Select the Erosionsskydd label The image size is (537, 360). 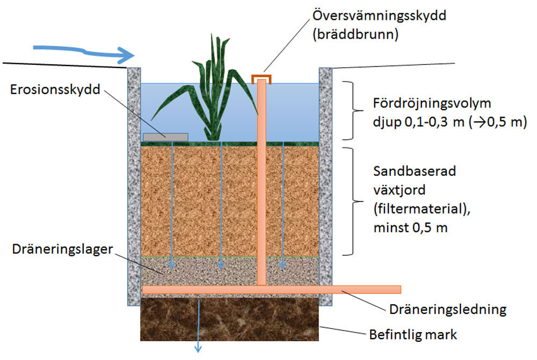click(56, 89)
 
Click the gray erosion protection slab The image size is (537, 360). click(165, 137)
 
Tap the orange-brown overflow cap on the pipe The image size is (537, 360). click(262, 78)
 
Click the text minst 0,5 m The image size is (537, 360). click(410, 227)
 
